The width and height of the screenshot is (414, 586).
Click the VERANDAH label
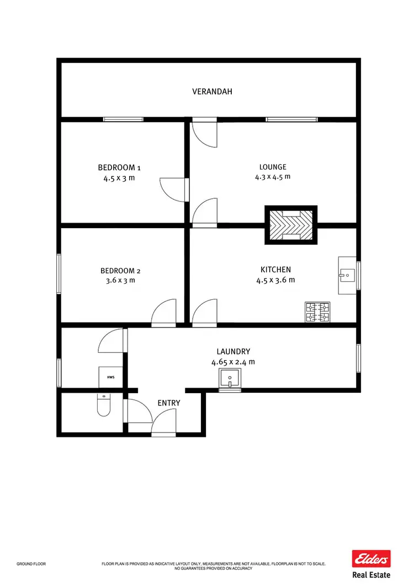coord(212,92)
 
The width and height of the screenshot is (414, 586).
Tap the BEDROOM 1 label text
coord(119,167)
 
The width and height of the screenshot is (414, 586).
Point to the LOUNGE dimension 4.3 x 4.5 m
coord(272,177)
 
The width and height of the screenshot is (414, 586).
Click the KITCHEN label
coord(275,270)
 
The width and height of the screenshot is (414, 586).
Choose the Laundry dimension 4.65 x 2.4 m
coord(233,362)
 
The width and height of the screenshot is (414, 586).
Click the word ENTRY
coord(169,403)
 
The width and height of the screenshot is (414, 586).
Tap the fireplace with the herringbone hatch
coord(292,225)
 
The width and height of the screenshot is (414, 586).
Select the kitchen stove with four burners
coord(317,312)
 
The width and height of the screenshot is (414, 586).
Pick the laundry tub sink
coord(230,380)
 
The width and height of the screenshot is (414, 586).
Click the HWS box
coord(109,377)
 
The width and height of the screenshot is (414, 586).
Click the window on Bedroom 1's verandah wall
coord(123,119)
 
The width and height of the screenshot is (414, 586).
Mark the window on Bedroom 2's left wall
coord(59,273)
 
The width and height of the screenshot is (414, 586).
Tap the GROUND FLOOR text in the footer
coord(31,564)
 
